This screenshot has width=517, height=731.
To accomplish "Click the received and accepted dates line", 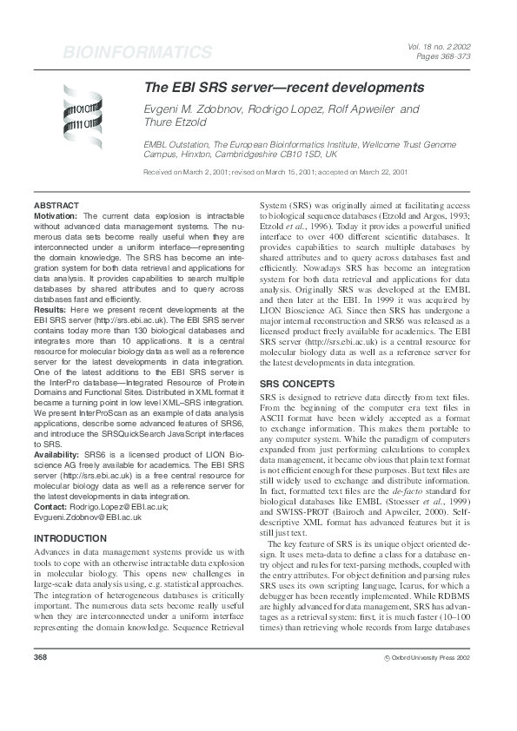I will tap(275, 173).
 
